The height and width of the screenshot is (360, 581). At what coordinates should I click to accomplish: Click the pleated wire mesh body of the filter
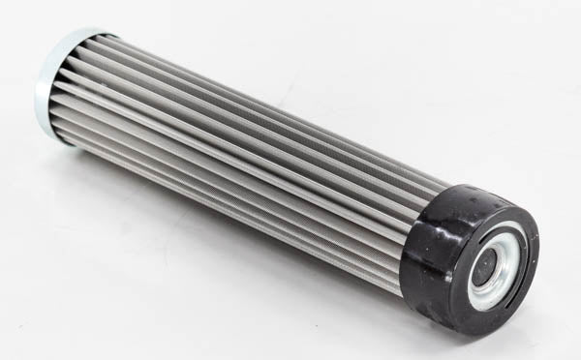(242, 165)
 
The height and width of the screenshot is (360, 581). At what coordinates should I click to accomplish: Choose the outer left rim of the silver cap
(41, 87)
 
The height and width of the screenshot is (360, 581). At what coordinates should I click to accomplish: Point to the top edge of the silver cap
(73, 32)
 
